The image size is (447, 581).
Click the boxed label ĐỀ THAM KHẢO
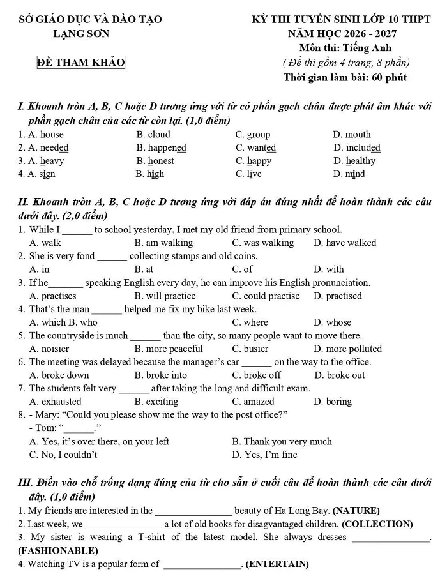80,62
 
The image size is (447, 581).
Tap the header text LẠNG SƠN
81,34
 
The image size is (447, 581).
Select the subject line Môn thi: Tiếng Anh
345,48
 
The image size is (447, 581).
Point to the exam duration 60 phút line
345,78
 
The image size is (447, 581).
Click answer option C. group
253,135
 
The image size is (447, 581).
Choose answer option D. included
356,148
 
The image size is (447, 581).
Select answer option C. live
248,174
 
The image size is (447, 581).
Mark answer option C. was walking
263,243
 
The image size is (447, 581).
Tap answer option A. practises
53,296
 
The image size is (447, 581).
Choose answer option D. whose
333,322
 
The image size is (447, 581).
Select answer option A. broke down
59,375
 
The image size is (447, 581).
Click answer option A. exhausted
56,402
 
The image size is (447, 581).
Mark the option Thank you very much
282,441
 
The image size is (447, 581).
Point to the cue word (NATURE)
356,511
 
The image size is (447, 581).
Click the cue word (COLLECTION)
377,524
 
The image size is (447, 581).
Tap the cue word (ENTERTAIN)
277,564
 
